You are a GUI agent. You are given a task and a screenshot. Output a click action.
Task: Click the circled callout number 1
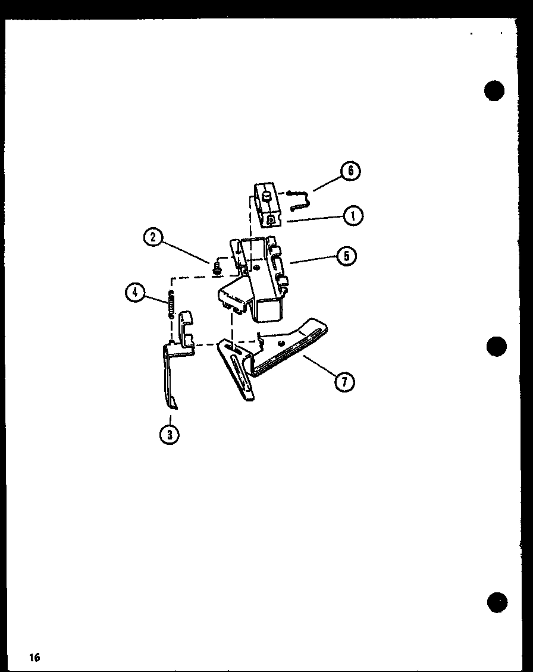pos(353,215)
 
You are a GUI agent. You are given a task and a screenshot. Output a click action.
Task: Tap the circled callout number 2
pos(153,238)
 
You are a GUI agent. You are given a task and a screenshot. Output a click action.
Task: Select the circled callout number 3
pos(170,434)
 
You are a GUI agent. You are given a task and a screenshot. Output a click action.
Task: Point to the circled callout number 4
pos(134,292)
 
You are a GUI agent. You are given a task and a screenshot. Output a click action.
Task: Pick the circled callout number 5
pos(346,256)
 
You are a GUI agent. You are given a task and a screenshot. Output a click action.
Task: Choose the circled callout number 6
pos(350,171)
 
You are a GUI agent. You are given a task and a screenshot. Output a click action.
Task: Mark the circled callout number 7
pos(344,381)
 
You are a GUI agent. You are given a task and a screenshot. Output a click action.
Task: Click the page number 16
pos(33,657)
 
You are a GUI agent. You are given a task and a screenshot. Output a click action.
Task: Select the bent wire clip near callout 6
pos(300,199)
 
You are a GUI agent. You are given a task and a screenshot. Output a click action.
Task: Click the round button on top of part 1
pos(266,194)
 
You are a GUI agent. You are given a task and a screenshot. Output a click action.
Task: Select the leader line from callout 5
pos(313,259)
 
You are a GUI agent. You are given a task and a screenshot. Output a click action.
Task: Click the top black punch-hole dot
pos(494,90)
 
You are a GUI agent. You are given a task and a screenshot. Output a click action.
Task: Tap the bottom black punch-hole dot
pos(497,602)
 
